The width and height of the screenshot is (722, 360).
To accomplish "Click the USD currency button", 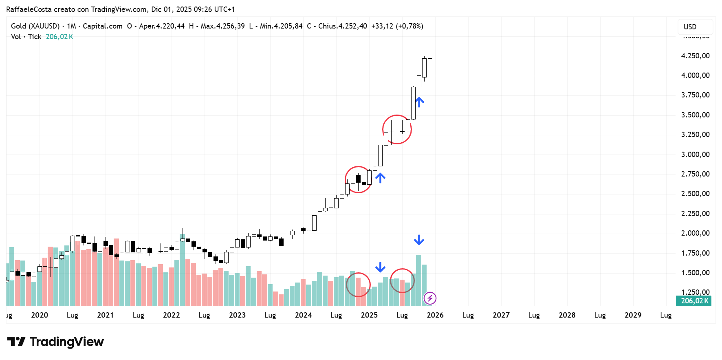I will [695, 27].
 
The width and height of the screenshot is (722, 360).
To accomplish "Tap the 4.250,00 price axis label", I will [695, 56].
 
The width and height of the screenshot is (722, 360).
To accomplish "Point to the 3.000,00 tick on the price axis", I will [695, 155].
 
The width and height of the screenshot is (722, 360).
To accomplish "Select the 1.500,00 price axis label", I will [695, 273].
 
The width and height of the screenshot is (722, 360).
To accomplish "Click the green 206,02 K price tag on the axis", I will [694, 301].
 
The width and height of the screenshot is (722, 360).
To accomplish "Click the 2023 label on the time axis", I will [237, 315].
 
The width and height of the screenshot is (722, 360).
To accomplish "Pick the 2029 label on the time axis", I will [633, 315].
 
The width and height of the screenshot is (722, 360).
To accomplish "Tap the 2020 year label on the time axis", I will [40, 315].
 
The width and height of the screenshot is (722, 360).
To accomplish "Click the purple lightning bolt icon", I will [430, 298].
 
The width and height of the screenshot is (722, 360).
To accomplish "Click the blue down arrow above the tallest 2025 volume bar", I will [419, 240].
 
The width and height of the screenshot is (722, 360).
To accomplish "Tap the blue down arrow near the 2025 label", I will [380, 267].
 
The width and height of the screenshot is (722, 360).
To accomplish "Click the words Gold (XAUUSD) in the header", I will [35, 26].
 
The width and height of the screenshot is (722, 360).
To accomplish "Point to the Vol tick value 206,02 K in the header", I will [59, 37].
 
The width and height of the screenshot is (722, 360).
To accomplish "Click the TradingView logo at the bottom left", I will [55, 342].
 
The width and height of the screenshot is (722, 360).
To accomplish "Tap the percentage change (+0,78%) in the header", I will [409, 26].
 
